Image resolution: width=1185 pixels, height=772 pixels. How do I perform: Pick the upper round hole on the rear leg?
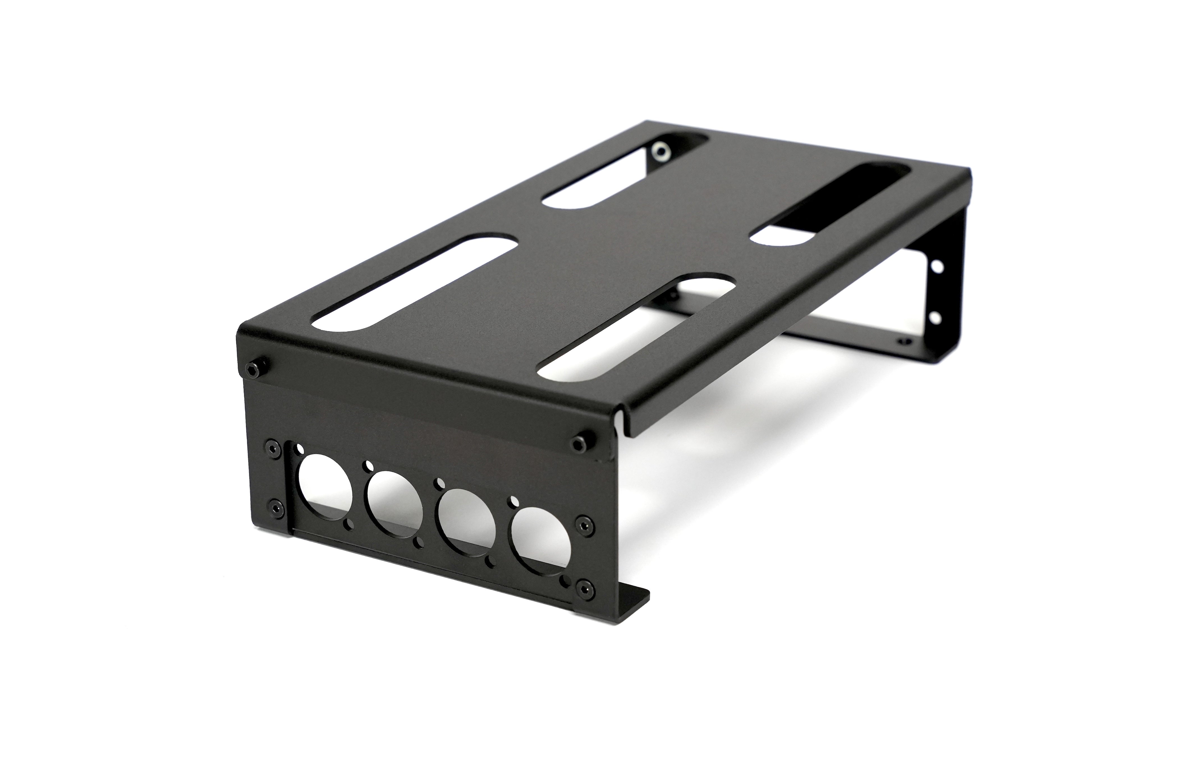(938, 266)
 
